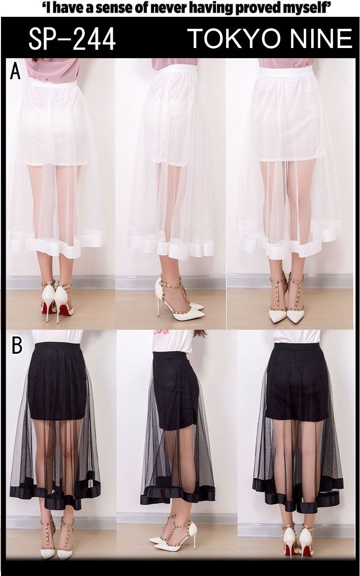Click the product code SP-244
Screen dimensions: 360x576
[72, 39]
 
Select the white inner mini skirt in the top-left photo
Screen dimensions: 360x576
[57, 123]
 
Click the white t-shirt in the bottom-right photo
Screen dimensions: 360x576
[297, 336]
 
